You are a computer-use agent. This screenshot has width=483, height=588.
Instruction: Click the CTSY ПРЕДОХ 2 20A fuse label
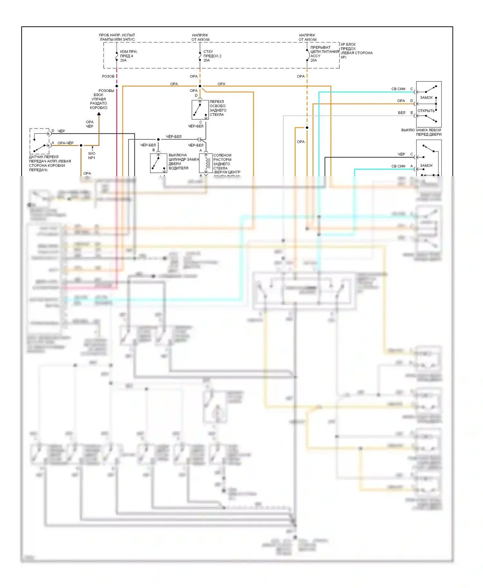tap(212, 56)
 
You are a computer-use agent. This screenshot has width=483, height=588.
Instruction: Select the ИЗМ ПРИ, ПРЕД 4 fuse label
tap(128, 56)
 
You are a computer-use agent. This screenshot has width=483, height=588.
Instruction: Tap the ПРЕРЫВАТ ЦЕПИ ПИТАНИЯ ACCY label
tap(324, 54)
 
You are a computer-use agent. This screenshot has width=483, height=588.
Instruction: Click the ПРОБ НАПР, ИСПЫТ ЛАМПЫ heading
tap(117, 37)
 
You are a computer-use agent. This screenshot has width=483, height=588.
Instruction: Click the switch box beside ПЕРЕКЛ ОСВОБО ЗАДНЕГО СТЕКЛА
tap(200, 110)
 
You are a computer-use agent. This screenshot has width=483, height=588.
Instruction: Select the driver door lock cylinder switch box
tap(158, 163)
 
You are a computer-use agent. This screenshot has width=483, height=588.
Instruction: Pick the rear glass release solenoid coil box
tap(206, 163)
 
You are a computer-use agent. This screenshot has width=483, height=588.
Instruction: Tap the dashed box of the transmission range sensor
tap(40, 141)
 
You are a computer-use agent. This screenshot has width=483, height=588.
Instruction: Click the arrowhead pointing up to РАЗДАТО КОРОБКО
tap(99, 114)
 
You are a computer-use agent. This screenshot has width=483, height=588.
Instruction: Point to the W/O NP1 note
tap(92, 156)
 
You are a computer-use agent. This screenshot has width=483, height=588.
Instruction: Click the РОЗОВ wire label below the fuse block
tap(108, 77)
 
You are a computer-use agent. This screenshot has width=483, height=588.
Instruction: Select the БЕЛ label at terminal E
tap(402, 113)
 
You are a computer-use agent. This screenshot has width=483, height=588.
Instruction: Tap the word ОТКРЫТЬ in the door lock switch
tap(426, 111)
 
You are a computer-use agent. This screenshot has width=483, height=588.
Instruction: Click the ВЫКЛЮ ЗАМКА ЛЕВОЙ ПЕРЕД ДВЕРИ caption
tap(421, 132)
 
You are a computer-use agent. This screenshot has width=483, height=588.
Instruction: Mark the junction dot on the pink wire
tap(117, 86)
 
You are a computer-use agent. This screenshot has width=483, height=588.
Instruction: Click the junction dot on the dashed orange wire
tap(307, 128)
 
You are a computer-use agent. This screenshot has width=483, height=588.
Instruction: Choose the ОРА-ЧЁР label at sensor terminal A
tap(65, 143)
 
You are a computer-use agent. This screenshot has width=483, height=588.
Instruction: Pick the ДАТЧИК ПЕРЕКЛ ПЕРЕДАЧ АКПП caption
tap(50, 163)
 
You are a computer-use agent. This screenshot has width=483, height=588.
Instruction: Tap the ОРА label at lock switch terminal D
tap(401, 101)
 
